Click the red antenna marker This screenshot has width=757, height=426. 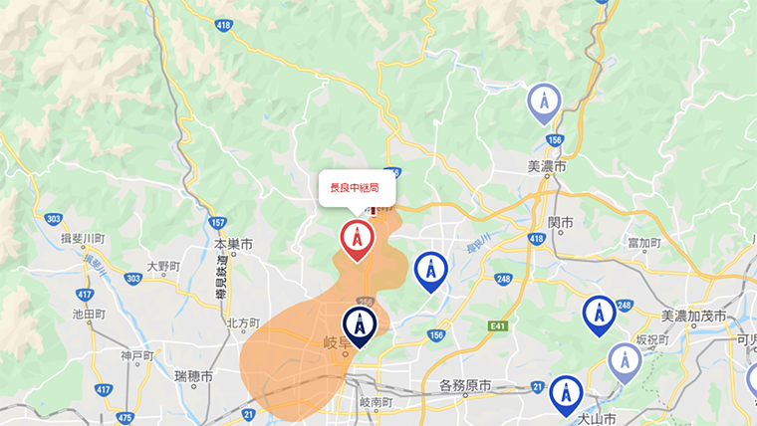pos(357,239)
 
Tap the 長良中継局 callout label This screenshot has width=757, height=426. pos(356,187)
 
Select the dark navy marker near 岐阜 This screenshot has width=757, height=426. pos(359,324)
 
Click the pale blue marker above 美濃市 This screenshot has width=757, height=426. pos(544,102)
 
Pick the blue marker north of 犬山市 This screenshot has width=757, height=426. pos(566,393)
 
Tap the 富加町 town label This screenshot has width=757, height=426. pos(644,243)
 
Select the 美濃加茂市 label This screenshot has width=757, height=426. pos(696,316)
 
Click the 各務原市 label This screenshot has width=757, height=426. pos(465,384)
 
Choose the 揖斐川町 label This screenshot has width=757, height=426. pos(83,238)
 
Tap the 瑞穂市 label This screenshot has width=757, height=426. pos(193,373)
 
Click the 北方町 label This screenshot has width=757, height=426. pos(242,322)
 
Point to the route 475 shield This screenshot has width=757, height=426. pos(125,419)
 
